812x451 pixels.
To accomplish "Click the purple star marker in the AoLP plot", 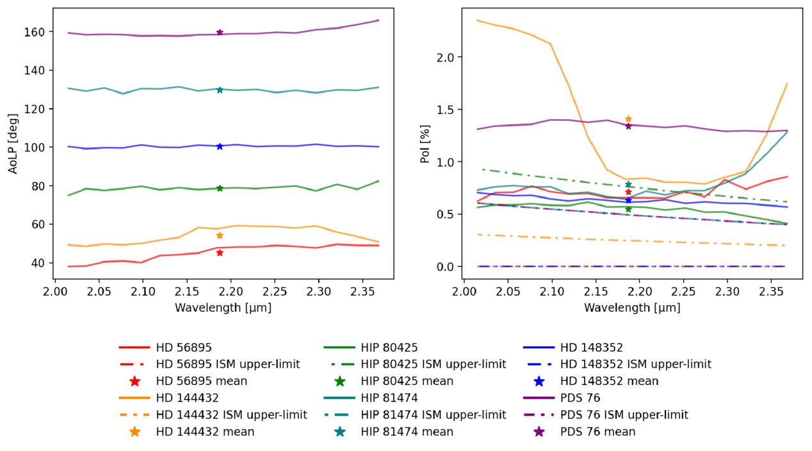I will [220, 33].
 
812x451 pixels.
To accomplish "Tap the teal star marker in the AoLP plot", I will [220, 90].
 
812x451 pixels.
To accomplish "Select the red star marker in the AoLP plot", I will [220, 253].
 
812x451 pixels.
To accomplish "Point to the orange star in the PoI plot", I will [628, 119].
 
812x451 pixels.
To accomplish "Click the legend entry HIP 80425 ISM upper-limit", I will [434, 365].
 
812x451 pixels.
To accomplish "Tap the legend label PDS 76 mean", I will [597, 432].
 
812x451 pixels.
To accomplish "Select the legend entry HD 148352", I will [591, 348].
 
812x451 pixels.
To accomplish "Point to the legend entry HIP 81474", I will [389, 398].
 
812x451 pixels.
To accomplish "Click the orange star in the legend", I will [134, 432].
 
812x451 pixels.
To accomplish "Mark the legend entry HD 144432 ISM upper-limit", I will [231, 415].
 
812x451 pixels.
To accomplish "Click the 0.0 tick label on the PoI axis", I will [446, 267].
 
